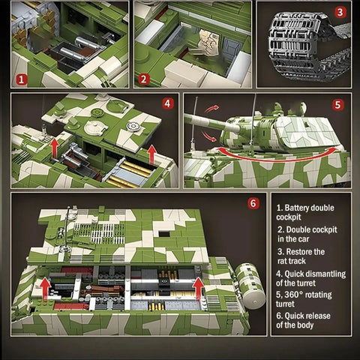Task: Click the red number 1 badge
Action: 22,79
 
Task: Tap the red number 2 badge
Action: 143,79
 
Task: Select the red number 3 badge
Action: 340,12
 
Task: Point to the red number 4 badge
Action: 168,103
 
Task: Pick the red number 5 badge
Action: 337,105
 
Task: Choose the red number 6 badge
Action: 253,203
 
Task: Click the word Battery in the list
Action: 297,208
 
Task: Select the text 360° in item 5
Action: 293,295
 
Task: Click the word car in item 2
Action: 304,239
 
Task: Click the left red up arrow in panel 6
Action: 46,289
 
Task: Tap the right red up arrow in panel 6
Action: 199,289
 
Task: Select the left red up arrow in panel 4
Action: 55,148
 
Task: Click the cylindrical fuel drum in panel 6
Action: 250,286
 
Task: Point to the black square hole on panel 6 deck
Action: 164,234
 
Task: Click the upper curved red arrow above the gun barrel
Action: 211,109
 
